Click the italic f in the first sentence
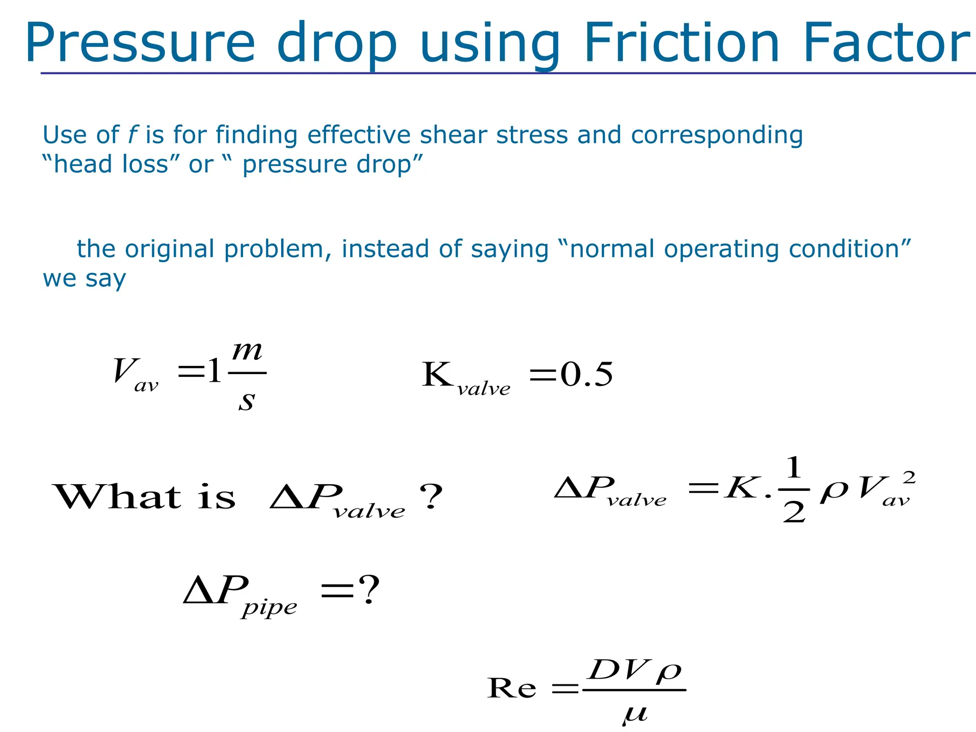point(132,135)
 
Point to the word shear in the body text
point(453,135)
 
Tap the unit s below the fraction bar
point(246,400)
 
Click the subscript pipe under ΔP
point(269,608)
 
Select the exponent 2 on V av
point(909,477)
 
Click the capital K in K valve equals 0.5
point(437,375)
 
